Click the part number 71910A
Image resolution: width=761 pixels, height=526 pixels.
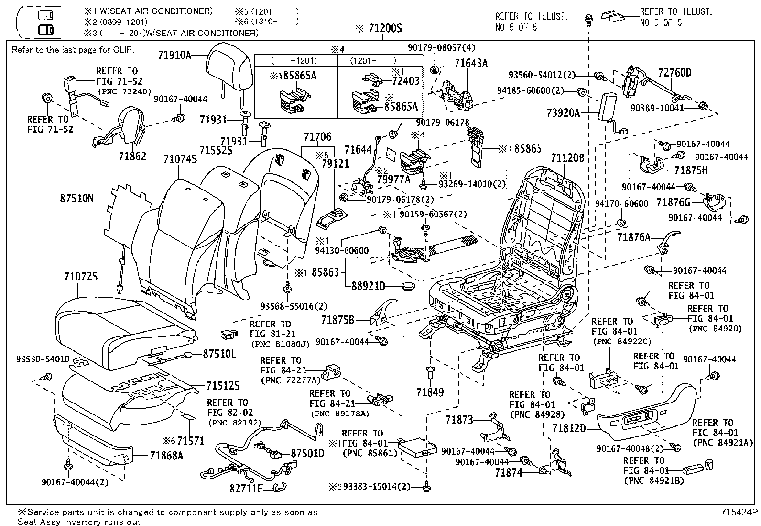click(174, 55)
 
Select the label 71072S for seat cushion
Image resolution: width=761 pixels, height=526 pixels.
click(81, 277)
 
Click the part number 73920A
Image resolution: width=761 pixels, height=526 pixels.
click(563, 113)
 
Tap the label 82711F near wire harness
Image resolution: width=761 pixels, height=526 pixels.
click(247, 489)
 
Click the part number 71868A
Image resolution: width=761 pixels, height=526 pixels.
click(166, 455)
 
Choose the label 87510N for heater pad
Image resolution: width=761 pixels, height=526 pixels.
click(77, 198)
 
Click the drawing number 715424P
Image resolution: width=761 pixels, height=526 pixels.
click(739, 512)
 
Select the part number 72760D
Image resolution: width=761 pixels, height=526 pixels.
click(674, 73)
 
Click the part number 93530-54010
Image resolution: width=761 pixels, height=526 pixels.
click(43, 359)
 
